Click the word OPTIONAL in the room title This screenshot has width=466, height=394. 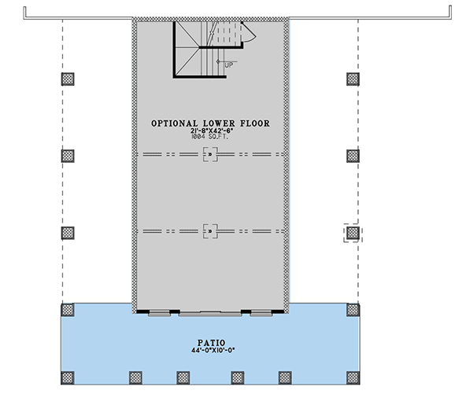pos(175,123)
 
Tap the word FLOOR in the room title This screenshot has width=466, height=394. pos(255,123)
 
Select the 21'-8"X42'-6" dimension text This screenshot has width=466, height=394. pos(212,131)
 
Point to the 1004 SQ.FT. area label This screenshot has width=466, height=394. pos(210,137)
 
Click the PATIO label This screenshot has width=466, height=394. pos(212,343)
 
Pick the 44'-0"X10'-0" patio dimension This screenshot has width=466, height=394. pos(213,351)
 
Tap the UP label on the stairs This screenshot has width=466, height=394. pos(229,64)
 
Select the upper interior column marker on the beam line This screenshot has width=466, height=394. pos(210,154)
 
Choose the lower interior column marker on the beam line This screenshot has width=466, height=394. pos(210,231)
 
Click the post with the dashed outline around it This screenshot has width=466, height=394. pos(353,233)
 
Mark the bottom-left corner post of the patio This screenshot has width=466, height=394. pos(68,377)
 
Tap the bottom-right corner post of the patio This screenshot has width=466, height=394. pos(353,377)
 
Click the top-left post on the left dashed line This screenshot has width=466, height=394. pos(68,79)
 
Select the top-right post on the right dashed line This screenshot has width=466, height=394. pos(353,79)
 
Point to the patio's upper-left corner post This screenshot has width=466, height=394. pos(68,310)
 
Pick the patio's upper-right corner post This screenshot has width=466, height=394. pos(353,310)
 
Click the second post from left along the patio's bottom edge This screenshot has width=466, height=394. pos(135,377)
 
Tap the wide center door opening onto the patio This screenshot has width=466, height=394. pos(210,313)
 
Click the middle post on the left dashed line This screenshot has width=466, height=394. pos(68,156)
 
